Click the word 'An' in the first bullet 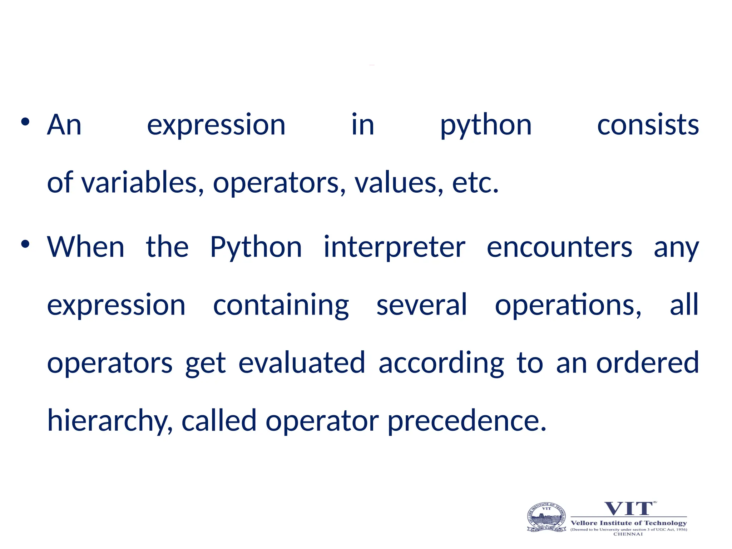[64, 125]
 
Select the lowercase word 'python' [486, 126]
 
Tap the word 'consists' [648, 125]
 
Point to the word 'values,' [399, 183]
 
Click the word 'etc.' [475, 183]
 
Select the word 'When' [86, 247]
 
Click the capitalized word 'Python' [256, 248]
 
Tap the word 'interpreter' [395, 248]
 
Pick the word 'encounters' [559, 248]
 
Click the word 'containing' [281, 306]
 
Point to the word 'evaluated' [302, 363]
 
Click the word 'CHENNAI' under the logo [628, 534]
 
